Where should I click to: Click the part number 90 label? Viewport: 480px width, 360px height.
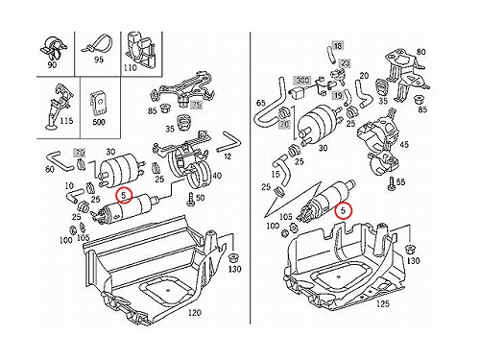coord(52,64)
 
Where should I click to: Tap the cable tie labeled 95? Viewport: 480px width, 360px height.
coord(97,45)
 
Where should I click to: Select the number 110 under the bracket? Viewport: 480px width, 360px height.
coord(131,68)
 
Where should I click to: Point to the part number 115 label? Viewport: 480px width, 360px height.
coord(66,121)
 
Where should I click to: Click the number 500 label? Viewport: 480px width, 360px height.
coord(99,122)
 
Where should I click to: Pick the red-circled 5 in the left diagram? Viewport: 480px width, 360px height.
coord(124,195)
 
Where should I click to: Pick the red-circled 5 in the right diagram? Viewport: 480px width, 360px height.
coord(344,210)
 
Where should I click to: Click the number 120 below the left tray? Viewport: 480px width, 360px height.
coord(194,312)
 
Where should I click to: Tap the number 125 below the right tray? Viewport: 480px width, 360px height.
coord(383,303)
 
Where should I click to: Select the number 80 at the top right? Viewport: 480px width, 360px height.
coord(421,52)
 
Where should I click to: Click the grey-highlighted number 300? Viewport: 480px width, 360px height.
coord(302,80)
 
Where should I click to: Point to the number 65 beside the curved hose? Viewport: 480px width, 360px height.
coord(261,103)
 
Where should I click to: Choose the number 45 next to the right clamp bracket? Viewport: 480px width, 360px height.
coord(404,145)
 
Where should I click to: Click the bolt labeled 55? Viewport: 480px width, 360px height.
coord(391,184)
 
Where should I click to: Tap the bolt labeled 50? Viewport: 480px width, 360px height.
coord(191,200)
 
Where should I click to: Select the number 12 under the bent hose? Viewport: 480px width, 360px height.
coord(228,156)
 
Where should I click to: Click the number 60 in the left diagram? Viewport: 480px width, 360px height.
coord(50,169)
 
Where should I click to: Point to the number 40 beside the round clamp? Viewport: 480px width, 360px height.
coord(217,176)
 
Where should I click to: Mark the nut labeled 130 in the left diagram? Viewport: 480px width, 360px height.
coord(234,258)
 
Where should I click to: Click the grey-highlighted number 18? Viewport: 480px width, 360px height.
coord(338,46)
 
